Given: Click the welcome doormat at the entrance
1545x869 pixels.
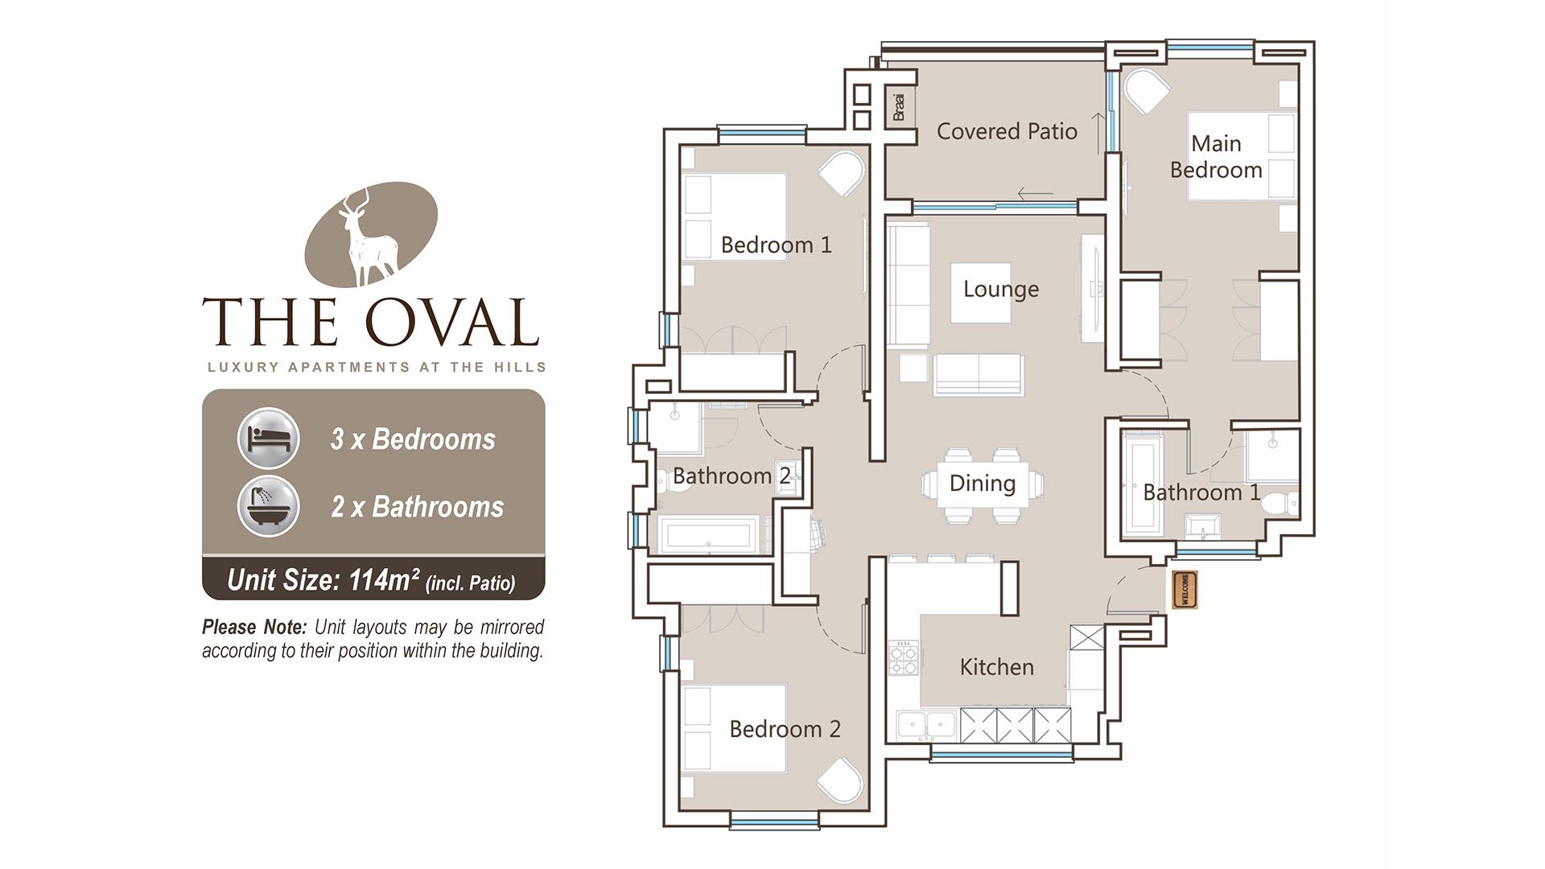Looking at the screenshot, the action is [x=1185, y=590].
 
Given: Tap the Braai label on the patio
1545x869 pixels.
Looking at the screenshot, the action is [x=900, y=107].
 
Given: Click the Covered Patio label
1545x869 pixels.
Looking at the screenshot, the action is [x=1007, y=131].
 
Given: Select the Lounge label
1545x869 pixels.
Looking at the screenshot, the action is [x=1000, y=289].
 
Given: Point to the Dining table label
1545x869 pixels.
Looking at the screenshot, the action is [x=982, y=483].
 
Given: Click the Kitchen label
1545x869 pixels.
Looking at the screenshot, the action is [x=996, y=666].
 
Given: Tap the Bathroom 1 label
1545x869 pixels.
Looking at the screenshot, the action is [x=1201, y=492].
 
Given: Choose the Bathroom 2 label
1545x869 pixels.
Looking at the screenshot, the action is [x=731, y=476].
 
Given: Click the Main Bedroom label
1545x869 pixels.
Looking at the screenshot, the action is [x=1216, y=157].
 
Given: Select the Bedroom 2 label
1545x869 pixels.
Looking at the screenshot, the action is [x=785, y=729].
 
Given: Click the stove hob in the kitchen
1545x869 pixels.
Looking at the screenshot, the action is [x=903, y=657].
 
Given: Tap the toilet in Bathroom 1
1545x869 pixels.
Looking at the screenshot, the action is [x=1278, y=504].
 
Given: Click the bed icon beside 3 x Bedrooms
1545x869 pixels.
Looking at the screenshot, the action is [x=268, y=439].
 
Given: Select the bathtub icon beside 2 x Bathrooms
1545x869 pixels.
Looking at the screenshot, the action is [x=268, y=507].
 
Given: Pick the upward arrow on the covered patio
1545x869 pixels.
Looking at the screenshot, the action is [x=1097, y=134].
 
